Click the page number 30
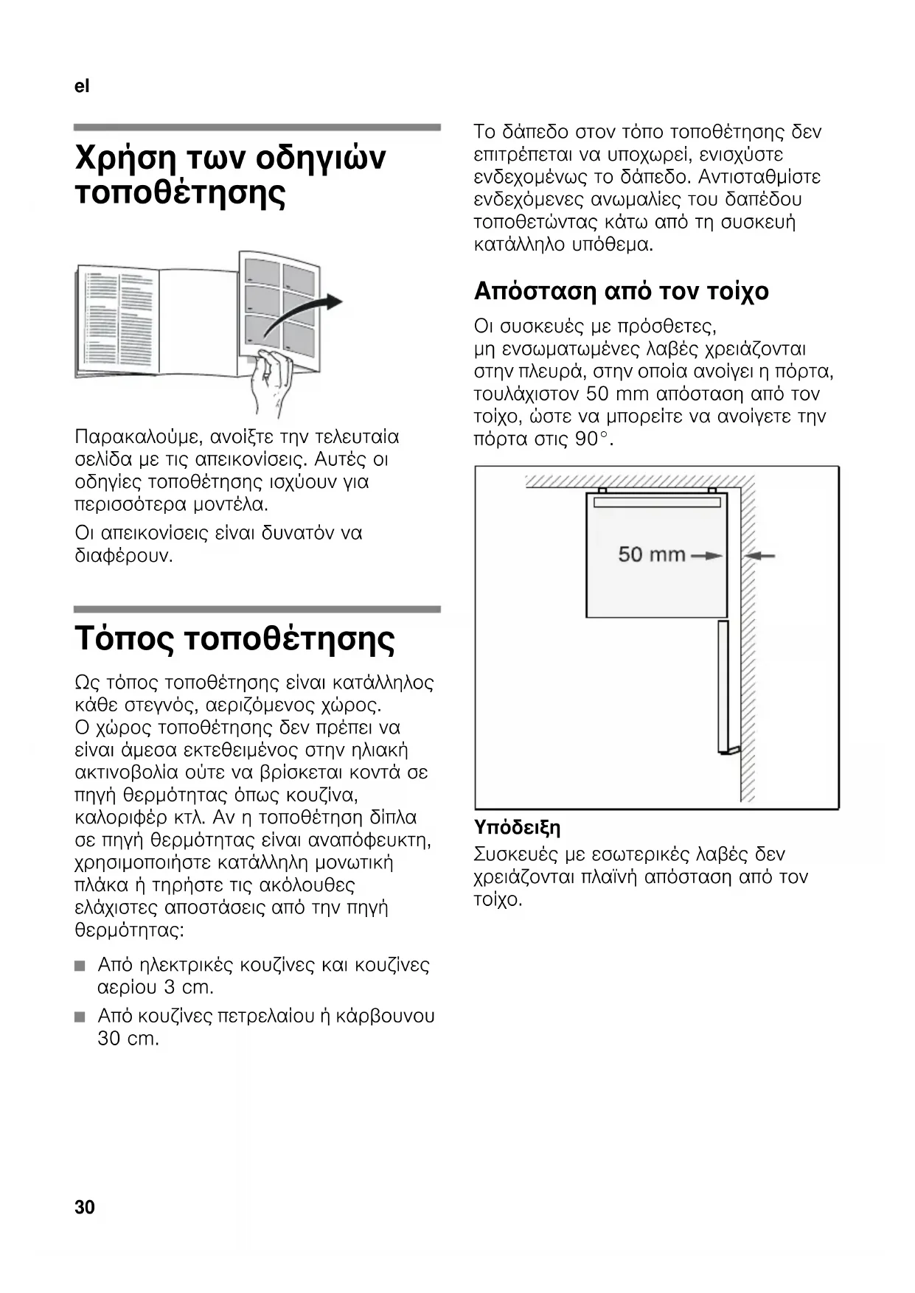tap(85, 1207)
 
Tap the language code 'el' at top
tap(82, 86)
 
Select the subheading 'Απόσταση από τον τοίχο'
tap(621, 291)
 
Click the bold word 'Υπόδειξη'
tap(518, 827)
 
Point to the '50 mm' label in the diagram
tap(652, 554)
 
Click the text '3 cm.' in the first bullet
tap(188, 987)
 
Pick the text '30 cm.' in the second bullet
tap(128, 1039)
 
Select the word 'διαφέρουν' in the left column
tap(123, 556)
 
